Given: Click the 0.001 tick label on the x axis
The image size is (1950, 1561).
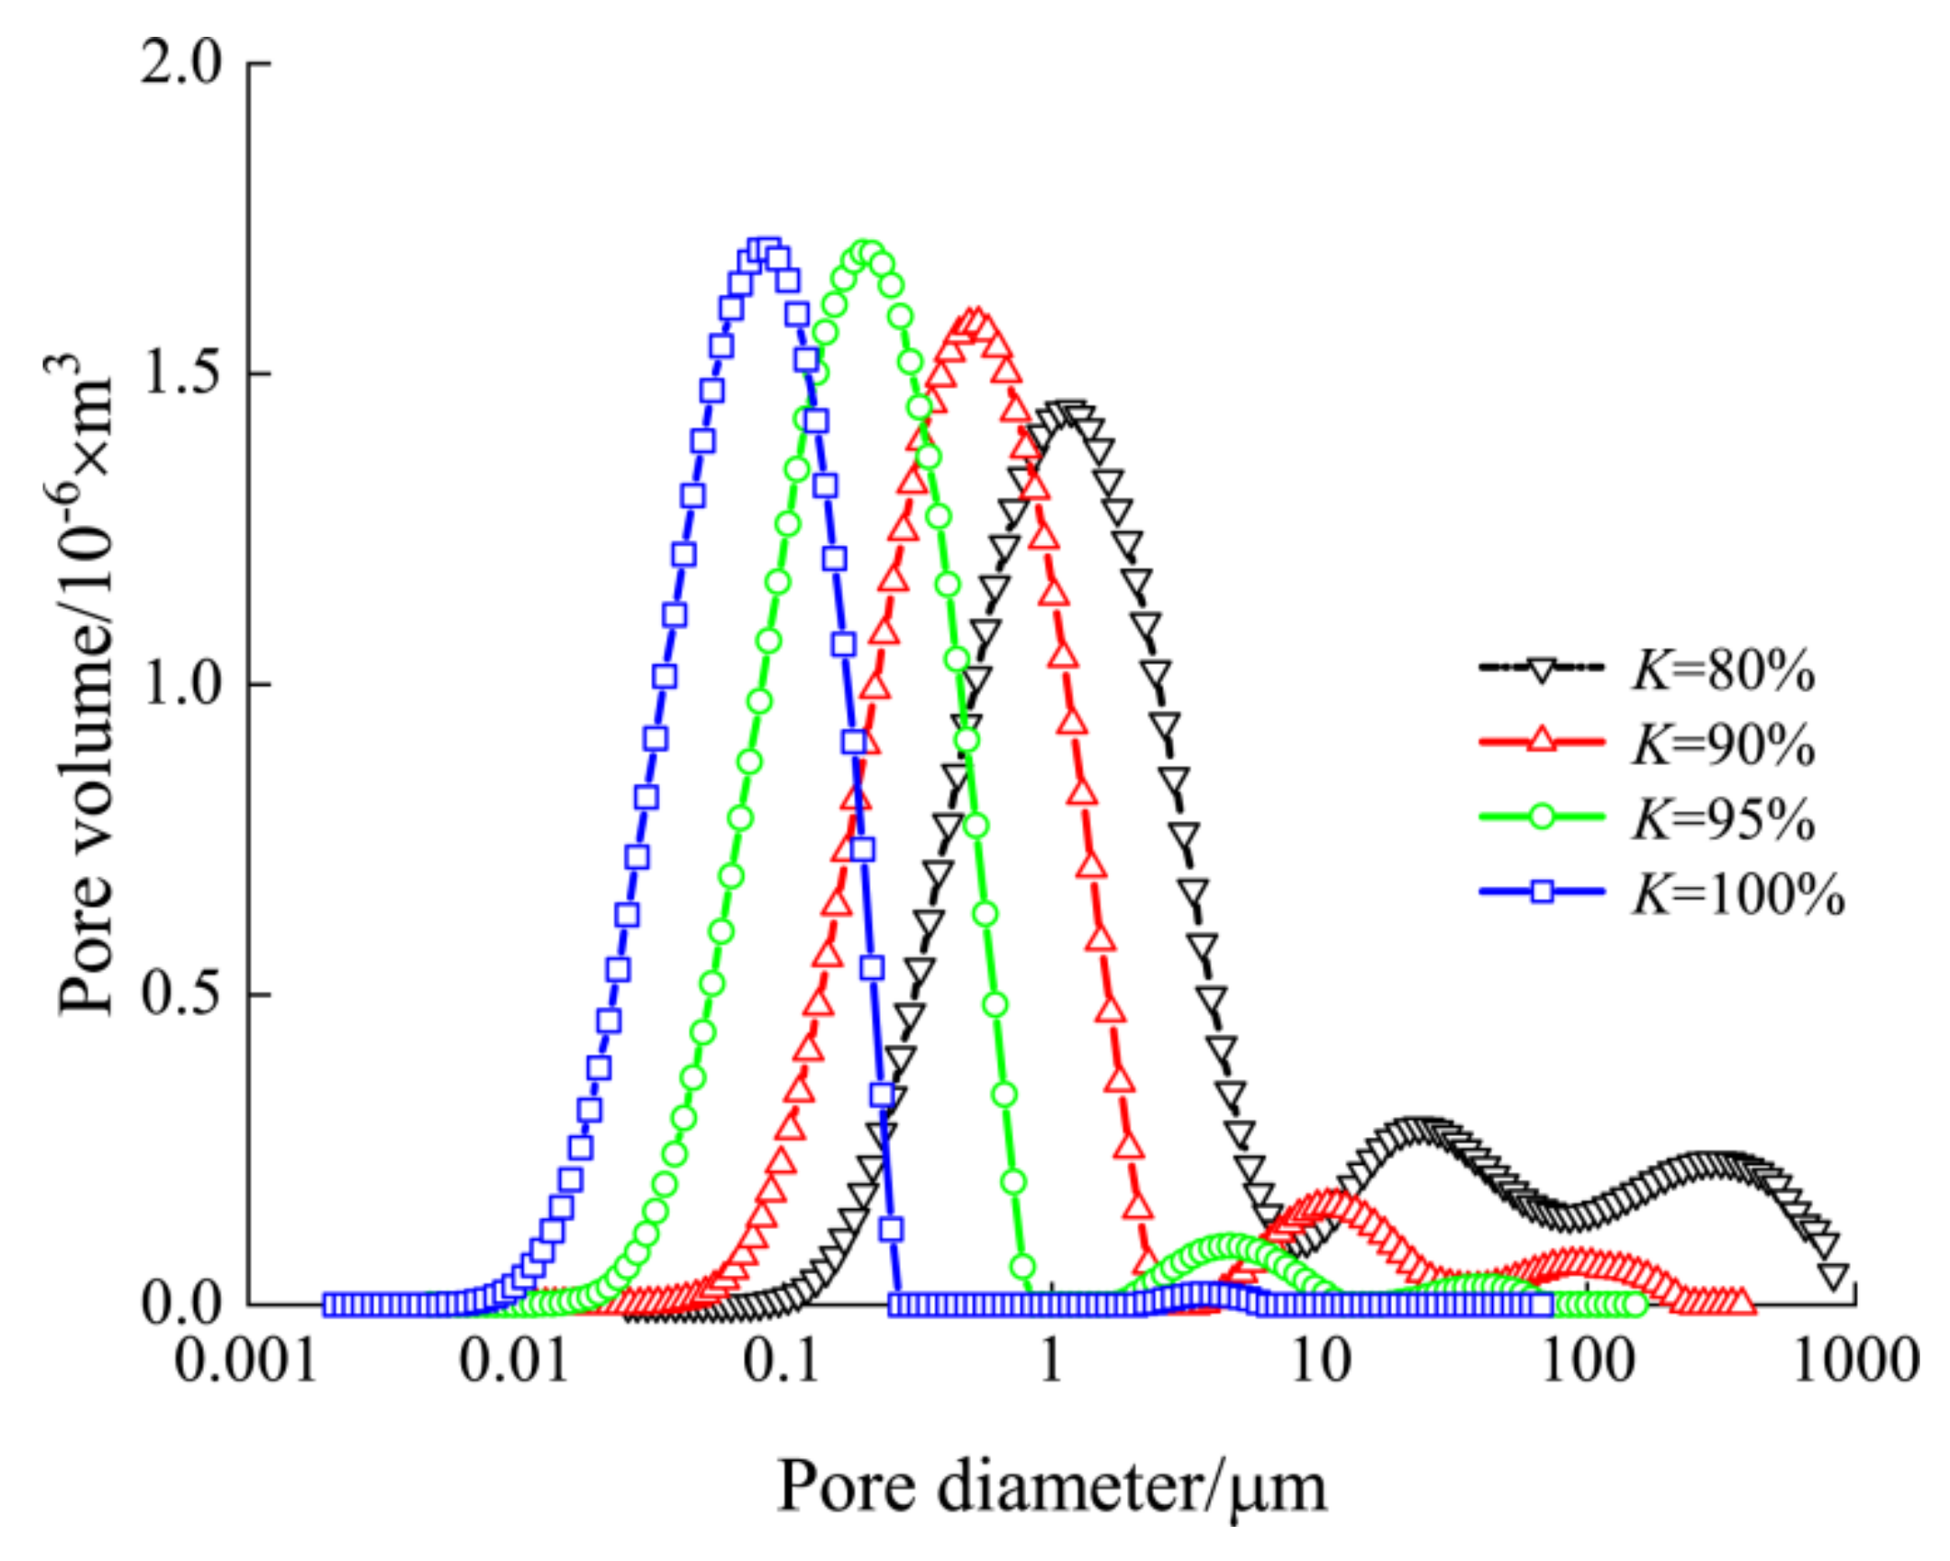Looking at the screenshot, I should [246, 1360].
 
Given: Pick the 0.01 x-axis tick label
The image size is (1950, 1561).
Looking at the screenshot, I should [514, 1360].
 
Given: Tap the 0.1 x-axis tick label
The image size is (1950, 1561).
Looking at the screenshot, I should [781, 1360].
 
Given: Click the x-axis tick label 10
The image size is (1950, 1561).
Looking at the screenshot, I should [1320, 1360].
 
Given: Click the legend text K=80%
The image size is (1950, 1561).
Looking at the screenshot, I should [1723, 674].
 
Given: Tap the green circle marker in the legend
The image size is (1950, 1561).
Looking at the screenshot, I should [1542, 816].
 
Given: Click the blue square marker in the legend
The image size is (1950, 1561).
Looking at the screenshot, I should [1542, 890].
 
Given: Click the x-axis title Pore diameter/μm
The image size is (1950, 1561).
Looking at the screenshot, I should [1052, 1487].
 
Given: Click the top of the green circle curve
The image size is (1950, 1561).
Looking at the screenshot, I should [866, 252].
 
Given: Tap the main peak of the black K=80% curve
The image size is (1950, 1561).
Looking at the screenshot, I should [1066, 411].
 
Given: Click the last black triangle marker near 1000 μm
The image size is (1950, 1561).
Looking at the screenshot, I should [1834, 1277].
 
